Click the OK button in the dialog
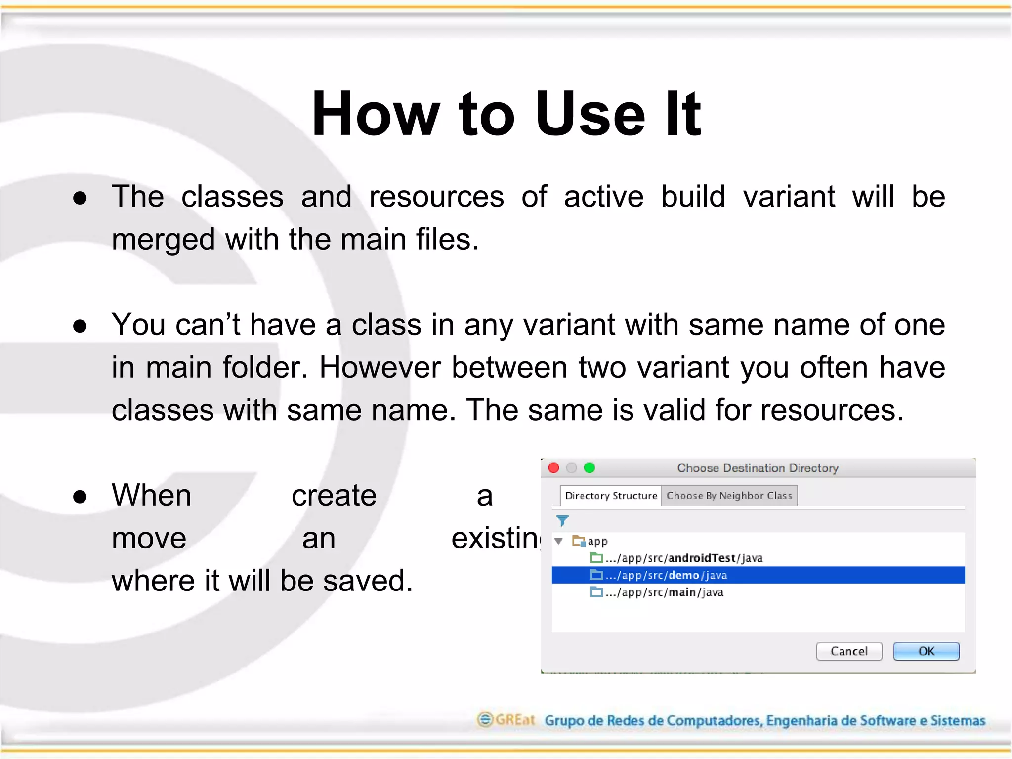(x=926, y=651)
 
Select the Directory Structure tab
(x=611, y=496)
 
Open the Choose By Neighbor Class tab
(x=729, y=496)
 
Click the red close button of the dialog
(x=554, y=468)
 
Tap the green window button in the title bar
(x=590, y=468)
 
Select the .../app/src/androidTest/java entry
(x=684, y=558)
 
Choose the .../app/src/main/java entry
(x=664, y=592)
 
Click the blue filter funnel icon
(x=562, y=521)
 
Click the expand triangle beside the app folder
(x=559, y=541)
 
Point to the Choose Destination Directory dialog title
(x=758, y=468)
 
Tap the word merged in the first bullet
(x=163, y=240)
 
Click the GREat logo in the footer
(x=506, y=719)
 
